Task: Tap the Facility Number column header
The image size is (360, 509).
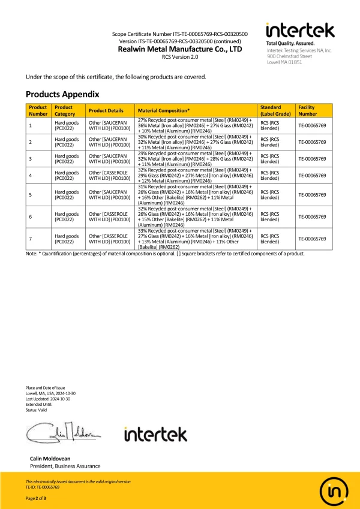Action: pos(308,110)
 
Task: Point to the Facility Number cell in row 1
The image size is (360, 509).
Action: pos(312,125)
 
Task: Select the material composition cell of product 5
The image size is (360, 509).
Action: pos(196,195)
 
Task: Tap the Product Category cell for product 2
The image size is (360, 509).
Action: pos(67,142)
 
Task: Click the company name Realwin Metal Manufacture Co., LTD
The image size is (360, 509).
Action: pos(180,49)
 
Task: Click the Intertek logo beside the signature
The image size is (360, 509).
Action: pos(155,433)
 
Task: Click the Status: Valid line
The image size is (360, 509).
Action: pos(38,409)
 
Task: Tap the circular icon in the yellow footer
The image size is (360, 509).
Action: pos(332,490)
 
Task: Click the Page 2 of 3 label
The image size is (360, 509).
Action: pos(36,499)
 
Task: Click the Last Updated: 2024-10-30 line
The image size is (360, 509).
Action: pos(48,399)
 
